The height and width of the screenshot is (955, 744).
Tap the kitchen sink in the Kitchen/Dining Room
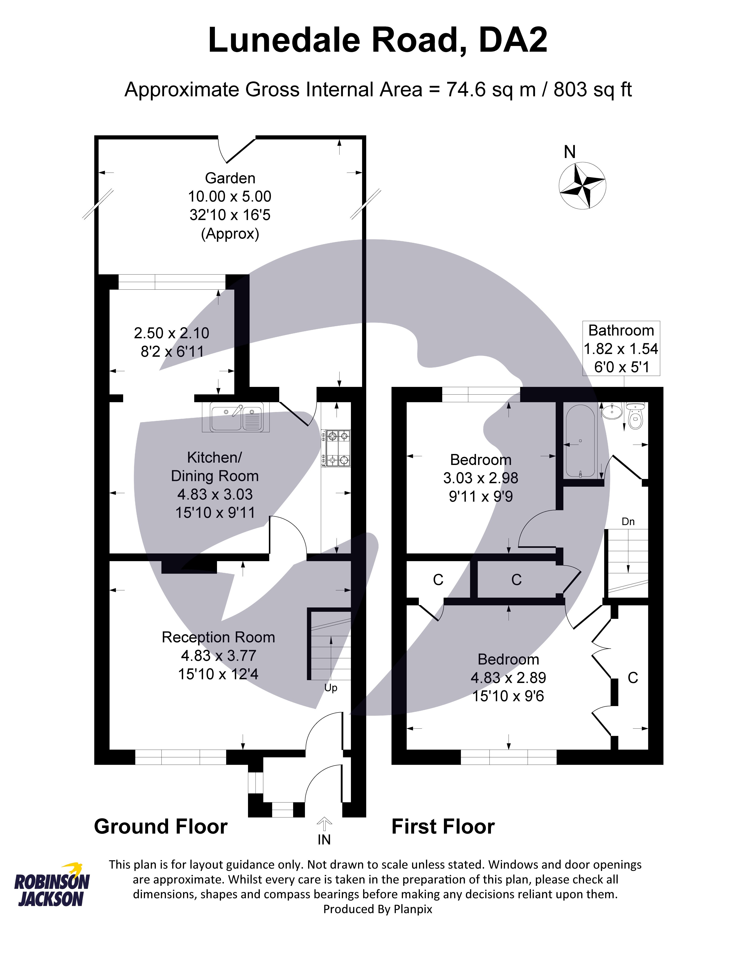click(236, 418)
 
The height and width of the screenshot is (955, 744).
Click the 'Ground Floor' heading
click(160, 827)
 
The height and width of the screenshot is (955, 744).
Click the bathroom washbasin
click(612, 411)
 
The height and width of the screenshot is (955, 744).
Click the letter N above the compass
click(570, 152)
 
